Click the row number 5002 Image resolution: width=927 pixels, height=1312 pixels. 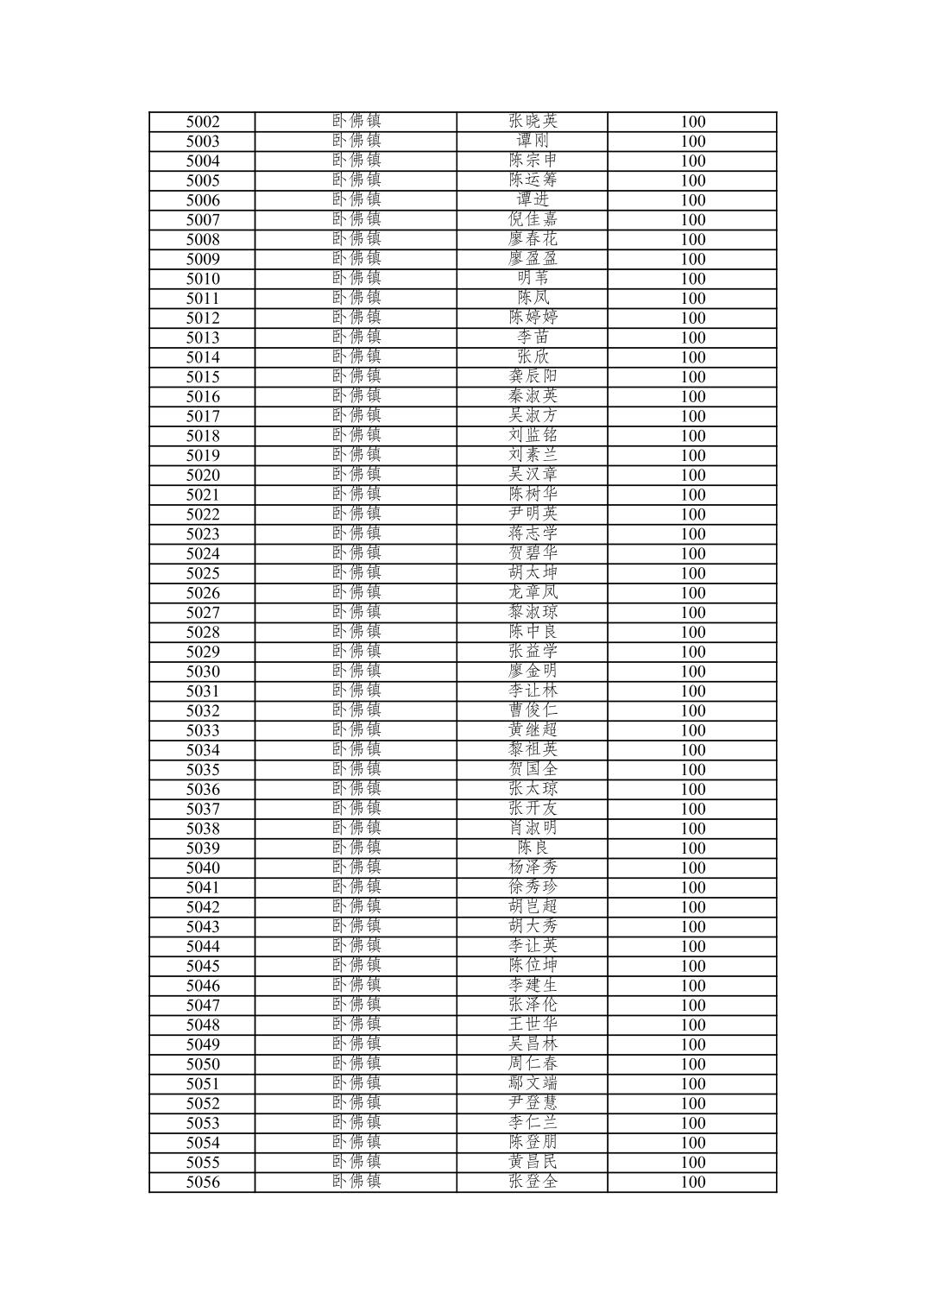[x=203, y=122]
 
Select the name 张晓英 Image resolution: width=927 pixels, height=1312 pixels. [x=533, y=122]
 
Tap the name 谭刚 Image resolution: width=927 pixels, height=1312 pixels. [x=533, y=141]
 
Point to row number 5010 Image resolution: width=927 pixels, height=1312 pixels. [x=203, y=279]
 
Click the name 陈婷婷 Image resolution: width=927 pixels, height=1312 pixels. [x=533, y=318]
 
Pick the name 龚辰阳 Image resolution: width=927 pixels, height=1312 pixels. [x=533, y=376]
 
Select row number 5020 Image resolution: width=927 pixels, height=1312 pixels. [x=203, y=475]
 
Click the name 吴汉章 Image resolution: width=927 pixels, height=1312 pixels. [x=533, y=475]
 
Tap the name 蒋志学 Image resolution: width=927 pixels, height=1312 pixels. [x=533, y=533]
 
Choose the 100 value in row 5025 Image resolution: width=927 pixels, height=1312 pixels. [x=692, y=573]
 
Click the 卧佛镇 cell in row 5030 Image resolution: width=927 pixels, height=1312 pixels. [x=356, y=671]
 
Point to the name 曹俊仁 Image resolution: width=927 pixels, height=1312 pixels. [x=533, y=710]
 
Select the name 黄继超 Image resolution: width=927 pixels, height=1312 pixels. [x=533, y=730]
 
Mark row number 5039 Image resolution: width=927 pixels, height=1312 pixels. [x=203, y=848]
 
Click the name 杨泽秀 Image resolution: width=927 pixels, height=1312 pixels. [x=533, y=867]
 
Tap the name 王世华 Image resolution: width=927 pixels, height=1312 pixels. [x=533, y=1025]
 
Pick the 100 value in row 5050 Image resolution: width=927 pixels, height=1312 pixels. [x=692, y=1064]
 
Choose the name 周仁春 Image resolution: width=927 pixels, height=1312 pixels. [x=533, y=1064]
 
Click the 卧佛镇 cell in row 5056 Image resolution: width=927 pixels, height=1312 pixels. [x=356, y=1182]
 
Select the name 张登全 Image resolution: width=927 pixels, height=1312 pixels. [x=533, y=1182]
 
